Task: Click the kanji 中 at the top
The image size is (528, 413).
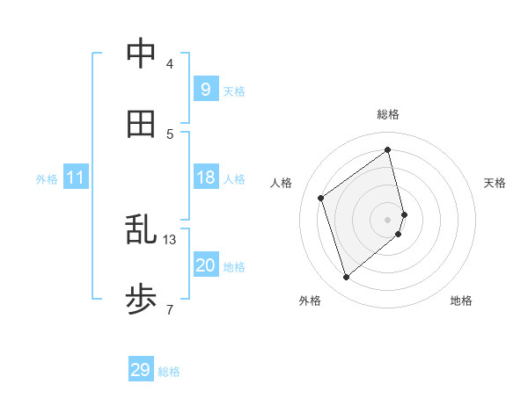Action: (x=141, y=54)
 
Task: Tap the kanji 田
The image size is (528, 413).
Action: (x=141, y=125)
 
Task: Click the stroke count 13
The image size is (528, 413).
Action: (x=170, y=239)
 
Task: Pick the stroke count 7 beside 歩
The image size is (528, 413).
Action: (x=169, y=308)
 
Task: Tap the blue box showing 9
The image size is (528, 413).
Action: (x=205, y=90)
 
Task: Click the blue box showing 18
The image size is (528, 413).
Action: (x=205, y=178)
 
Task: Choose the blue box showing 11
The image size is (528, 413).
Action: (x=76, y=178)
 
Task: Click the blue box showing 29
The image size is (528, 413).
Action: (x=141, y=370)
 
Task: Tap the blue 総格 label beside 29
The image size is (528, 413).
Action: (x=169, y=372)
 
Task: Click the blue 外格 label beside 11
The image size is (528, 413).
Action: (x=47, y=179)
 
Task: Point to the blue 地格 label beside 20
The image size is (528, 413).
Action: (x=234, y=267)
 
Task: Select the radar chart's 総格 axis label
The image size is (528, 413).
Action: (x=388, y=115)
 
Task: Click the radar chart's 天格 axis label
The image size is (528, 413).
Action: (x=495, y=183)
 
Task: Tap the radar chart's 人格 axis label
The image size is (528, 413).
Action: (x=282, y=183)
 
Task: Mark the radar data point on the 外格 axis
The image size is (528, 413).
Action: (x=346, y=278)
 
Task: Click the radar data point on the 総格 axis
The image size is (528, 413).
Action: (x=388, y=149)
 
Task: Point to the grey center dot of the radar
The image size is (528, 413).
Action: (x=388, y=219)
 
